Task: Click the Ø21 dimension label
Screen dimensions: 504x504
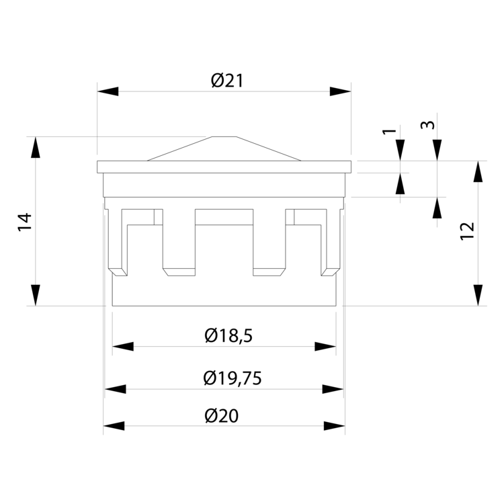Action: (227, 81)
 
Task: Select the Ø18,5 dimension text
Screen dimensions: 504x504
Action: (228, 336)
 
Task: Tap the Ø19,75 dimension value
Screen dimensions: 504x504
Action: (233, 378)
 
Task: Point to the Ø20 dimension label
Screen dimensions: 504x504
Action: (222, 415)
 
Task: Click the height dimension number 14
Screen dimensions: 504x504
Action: (25, 222)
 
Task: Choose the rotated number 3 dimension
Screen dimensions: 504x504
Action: (428, 125)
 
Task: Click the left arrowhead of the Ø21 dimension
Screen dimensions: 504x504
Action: (108, 91)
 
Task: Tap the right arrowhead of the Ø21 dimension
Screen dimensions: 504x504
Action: (341, 91)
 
